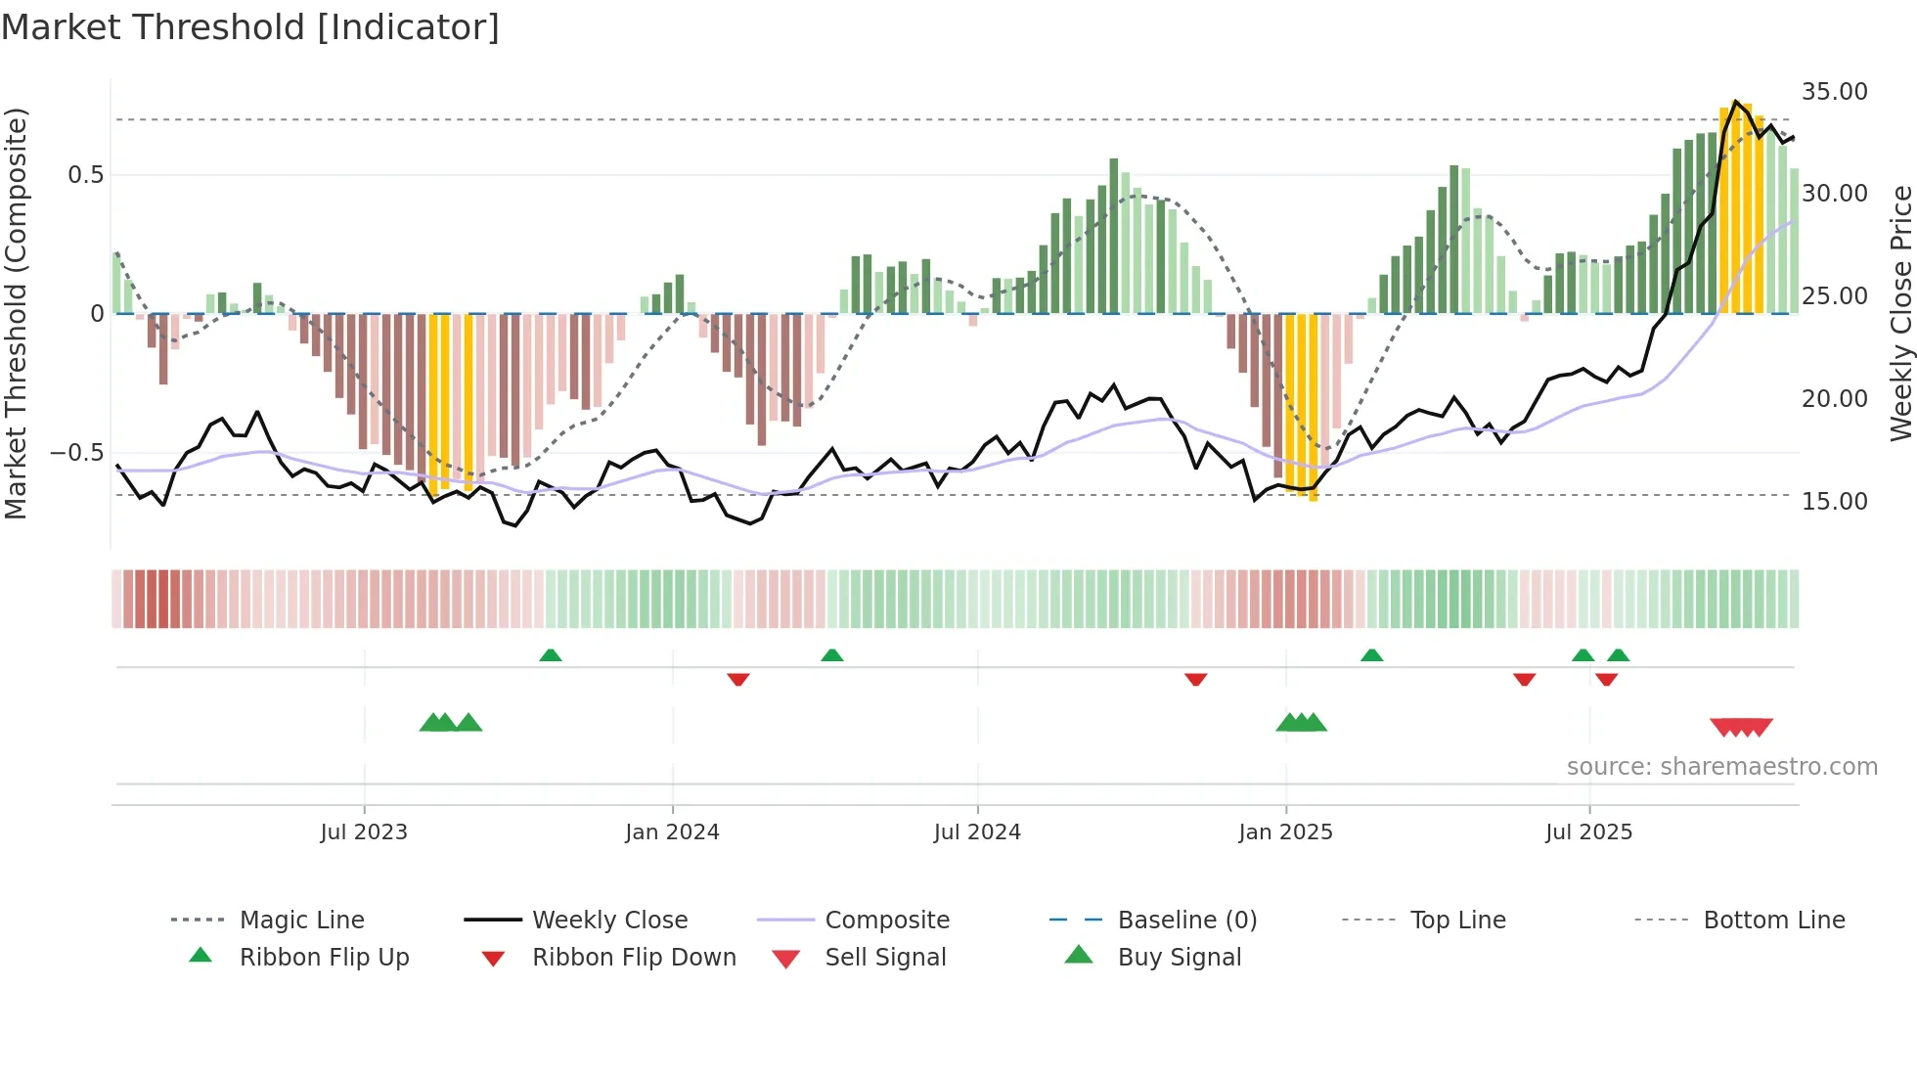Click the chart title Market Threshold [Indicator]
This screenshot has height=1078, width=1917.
(250, 27)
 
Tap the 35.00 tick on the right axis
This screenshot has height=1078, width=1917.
(1834, 92)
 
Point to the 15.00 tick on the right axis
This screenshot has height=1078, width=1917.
(1834, 502)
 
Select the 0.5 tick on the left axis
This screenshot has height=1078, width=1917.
(85, 175)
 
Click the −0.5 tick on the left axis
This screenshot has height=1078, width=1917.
(76, 453)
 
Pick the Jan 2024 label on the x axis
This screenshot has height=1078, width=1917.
(672, 832)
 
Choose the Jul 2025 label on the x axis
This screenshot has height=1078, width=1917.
(1588, 832)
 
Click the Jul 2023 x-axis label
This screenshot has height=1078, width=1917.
(364, 832)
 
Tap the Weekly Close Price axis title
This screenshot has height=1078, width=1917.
(1900, 313)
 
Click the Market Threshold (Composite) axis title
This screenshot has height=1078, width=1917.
(16, 313)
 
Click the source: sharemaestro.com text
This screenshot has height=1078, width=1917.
(1721, 767)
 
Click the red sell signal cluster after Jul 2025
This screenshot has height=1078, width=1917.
(1741, 727)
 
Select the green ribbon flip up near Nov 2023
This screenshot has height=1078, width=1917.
(551, 655)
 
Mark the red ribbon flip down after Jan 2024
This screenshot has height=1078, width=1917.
(738, 679)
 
